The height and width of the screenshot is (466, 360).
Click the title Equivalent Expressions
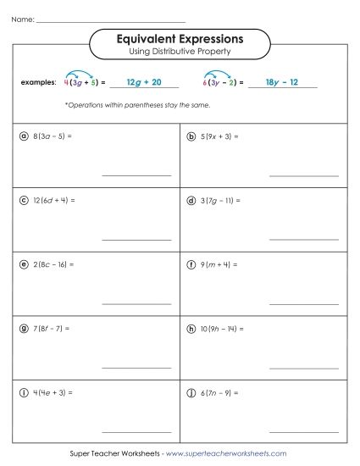coord(180,38)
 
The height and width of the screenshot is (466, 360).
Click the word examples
coord(37,84)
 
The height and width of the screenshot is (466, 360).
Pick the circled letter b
coord(191,136)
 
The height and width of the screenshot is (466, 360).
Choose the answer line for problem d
coord(303,239)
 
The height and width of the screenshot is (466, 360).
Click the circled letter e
coord(23,264)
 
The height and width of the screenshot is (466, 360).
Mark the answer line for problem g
coord(136,367)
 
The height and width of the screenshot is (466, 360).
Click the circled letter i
coord(23,393)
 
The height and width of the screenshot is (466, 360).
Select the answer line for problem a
coord(136,175)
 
